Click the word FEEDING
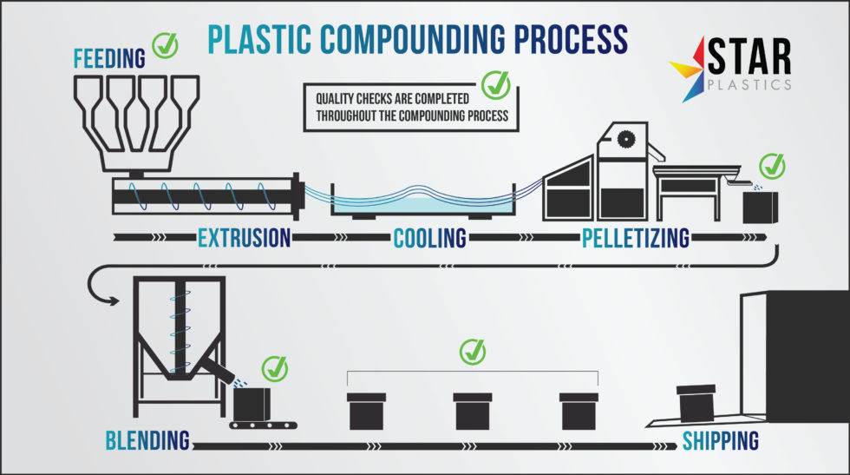click(x=109, y=59)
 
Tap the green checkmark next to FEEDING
click(x=165, y=45)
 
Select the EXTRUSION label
click(x=244, y=237)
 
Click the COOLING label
click(x=430, y=237)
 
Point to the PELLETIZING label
click(x=636, y=237)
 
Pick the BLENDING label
click(x=147, y=440)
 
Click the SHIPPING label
click(x=720, y=440)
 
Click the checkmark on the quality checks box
click(x=496, y=84)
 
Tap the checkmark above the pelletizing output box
click(x=771, y=165)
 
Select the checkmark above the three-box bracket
click(x=473, y=352)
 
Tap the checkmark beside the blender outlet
click(x=275, y=367)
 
